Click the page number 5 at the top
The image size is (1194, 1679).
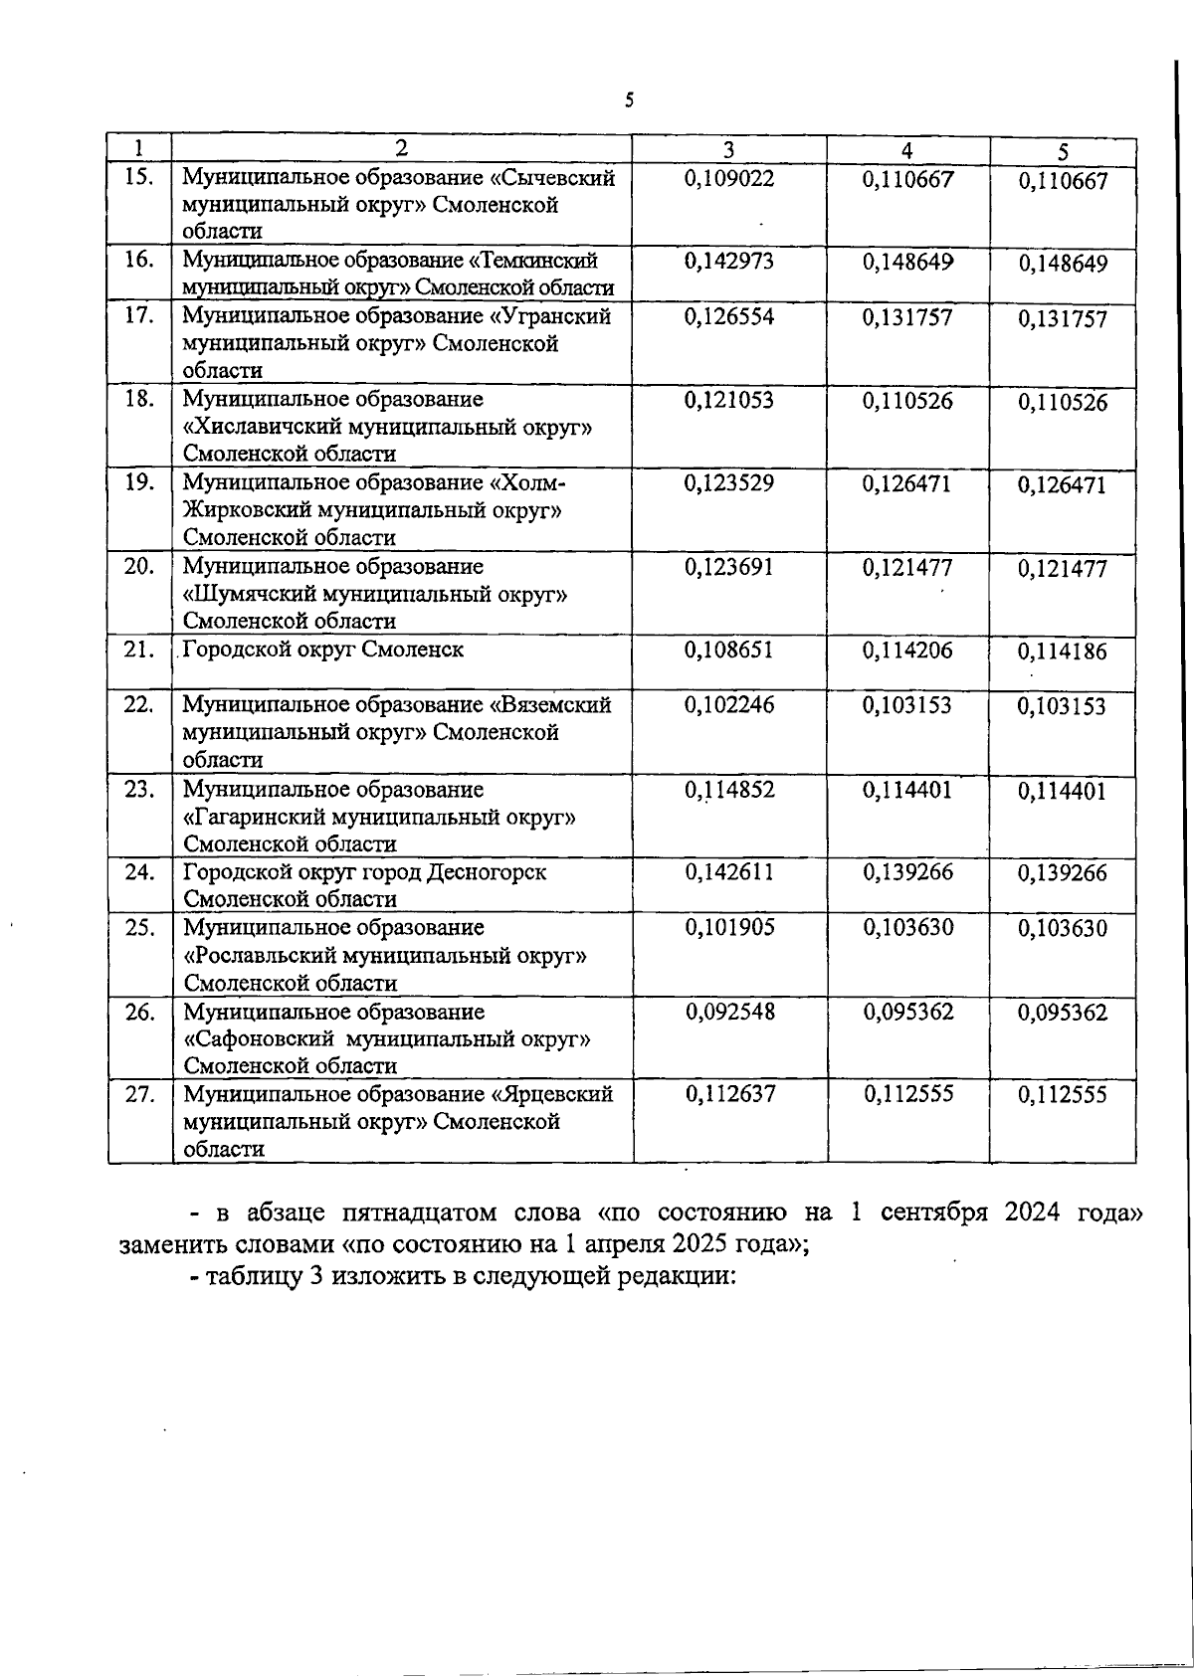pos(629,99)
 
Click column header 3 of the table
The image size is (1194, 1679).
pos(728,150)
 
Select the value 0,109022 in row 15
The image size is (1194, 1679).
pos(728,179)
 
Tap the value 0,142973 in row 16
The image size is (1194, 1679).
pos(728,262)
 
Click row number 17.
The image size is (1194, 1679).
pos(139,316)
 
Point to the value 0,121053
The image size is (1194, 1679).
pos(728,400)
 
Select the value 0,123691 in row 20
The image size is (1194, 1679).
pos(728,568)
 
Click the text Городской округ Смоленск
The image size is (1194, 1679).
pos(322,651)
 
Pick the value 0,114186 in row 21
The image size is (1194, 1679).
pos(1062,653)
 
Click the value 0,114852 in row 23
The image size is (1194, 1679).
pos(728,790)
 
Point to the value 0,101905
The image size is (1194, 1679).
pos(728,928)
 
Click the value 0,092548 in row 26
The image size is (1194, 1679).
pos(728,1013)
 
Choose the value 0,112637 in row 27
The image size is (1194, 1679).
pos(728,1094)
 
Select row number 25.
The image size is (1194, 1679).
pos(139,928)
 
